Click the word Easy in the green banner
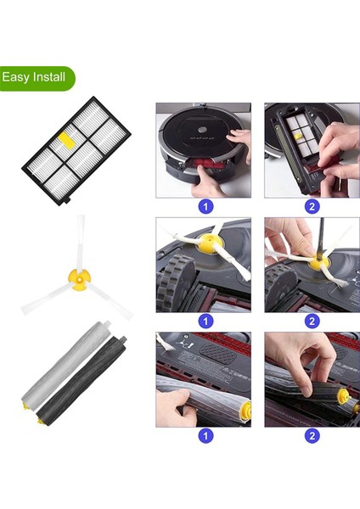[x=17, y=77]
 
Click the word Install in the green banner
[x=48, y=77]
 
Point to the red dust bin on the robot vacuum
[x=205, y=162]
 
